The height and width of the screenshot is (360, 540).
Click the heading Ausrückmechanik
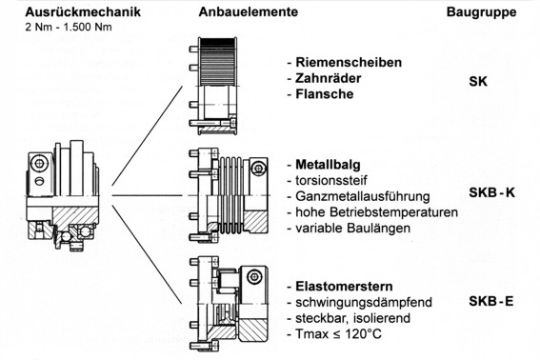pos(83,11)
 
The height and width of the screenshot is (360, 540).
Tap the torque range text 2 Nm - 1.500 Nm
pos(69,27)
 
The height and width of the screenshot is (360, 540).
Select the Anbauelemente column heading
pos(249,11)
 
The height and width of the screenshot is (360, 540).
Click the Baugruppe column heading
pos(482,12)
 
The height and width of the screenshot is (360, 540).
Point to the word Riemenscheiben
pos(349,62)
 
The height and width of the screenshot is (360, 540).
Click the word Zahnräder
pos(329,78)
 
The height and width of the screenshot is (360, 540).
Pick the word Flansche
pos(325,94)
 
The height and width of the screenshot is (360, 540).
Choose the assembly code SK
pos(478,81)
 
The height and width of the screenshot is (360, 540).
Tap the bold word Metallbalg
pos(328,165)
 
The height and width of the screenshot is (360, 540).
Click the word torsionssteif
pos(331,180)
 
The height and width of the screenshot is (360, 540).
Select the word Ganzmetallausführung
pos(363,196)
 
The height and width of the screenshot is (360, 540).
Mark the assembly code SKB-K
pos(491,192)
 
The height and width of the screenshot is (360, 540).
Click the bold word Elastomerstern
pos(344,287)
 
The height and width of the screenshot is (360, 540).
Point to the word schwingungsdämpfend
pos(364,302)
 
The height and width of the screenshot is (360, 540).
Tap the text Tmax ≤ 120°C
pos(338,334)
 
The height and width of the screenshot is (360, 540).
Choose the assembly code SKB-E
pos(491,301)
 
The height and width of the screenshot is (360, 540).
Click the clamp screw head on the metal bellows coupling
pos(257,169)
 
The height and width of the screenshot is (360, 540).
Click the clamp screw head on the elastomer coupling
pos(254,276)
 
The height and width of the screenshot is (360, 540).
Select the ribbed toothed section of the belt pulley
pos(217,62)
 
